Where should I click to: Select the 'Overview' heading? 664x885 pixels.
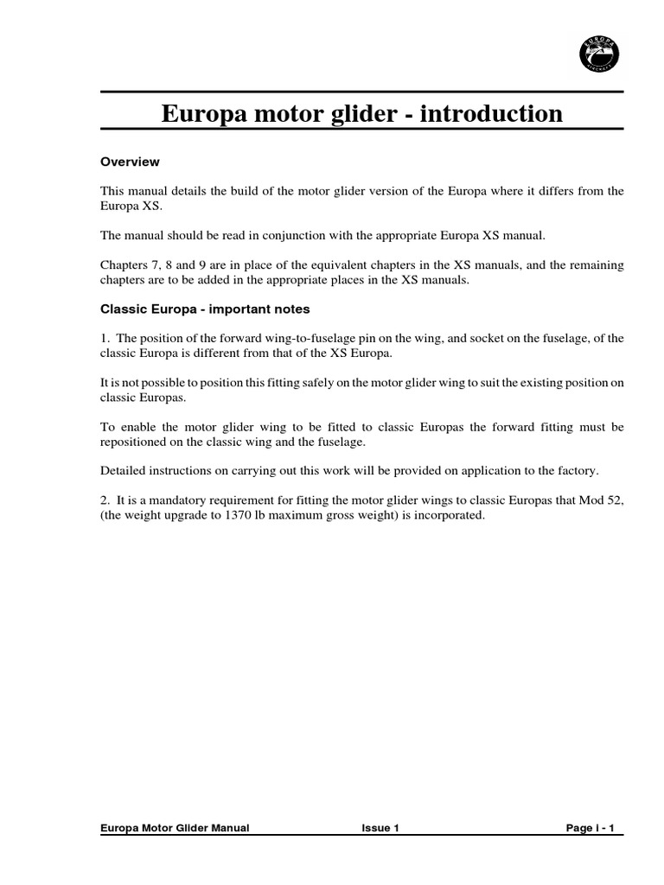coord(130,162)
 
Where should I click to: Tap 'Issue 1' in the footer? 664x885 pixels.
coord(380,828)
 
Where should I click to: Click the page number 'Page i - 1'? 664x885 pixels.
coord(590,828)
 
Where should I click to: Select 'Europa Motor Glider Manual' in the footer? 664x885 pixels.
coord(175,828)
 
